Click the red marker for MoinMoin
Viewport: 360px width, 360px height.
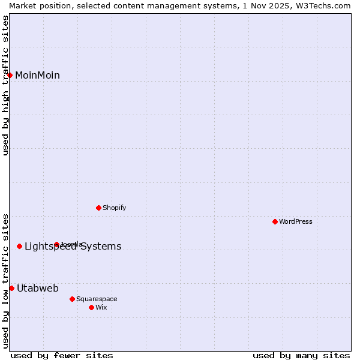pos(10,75)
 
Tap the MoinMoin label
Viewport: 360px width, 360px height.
pos(37,75)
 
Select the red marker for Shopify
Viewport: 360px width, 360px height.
pos(98,208)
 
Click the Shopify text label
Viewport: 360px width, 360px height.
pos(114,208)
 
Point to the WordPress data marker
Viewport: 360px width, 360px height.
pos(275,221)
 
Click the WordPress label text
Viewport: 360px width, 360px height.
pos(295,221)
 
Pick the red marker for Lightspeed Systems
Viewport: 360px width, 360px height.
pos(19,246)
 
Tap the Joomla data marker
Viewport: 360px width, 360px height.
pos(56,244)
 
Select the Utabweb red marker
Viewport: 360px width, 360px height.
pos(11,288)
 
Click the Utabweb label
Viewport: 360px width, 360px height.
pos(38,288)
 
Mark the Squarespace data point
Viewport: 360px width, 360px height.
pos(72,299)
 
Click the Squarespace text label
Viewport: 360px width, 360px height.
pos(97,299)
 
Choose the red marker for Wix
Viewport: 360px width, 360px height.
pos(91,307)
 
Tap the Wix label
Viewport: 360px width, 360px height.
pos(101,307)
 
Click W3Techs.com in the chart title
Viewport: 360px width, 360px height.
pos(324,5)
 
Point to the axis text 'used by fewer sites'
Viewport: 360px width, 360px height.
pos(62,355)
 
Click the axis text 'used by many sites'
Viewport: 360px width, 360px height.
pos(301,355)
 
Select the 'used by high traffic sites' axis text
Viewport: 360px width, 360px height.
pos(5,85)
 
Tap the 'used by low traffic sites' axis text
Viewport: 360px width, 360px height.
pos(5,281)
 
